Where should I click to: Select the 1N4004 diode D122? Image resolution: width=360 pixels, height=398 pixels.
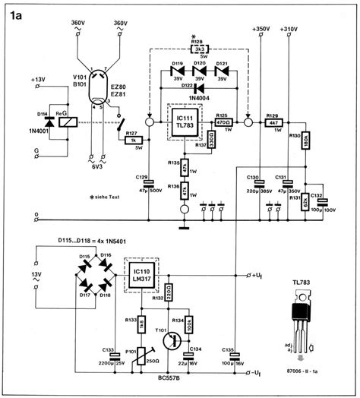click(x=198, y=88)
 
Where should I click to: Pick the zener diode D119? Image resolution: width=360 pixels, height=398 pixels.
click(x=178, y=73)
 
